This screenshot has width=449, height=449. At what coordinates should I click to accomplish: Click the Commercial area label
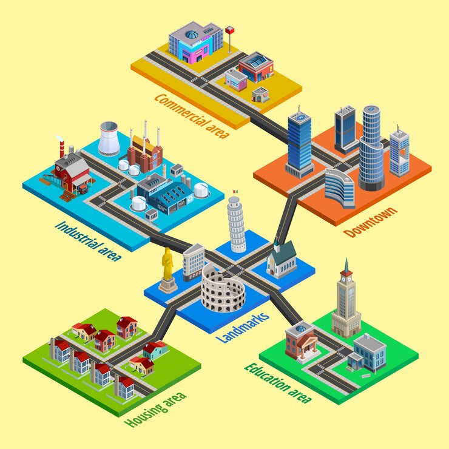(191, 115)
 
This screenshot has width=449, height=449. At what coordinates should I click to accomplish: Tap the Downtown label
(371, 222)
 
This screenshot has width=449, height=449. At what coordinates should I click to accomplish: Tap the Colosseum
(223, 288)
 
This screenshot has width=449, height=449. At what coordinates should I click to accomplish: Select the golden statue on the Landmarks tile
(167, 267)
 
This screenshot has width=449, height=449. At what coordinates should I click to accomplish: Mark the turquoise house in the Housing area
(155, 349)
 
